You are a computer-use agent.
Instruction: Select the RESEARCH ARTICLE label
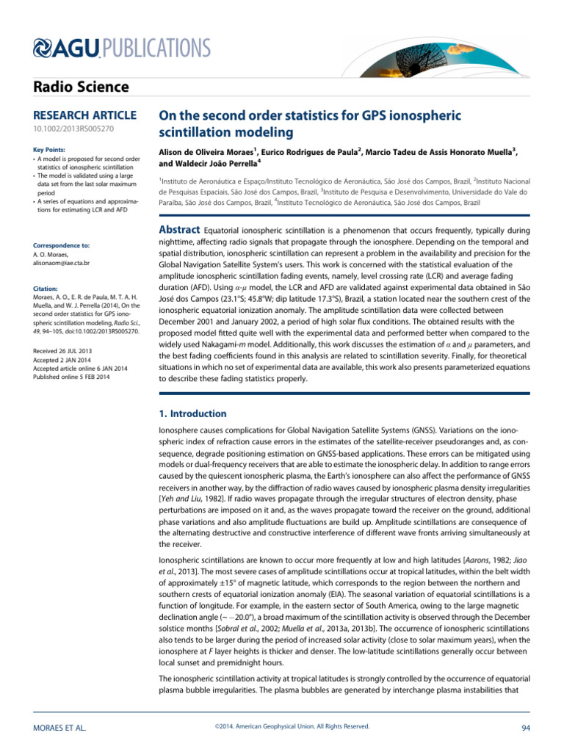(85, 115)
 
